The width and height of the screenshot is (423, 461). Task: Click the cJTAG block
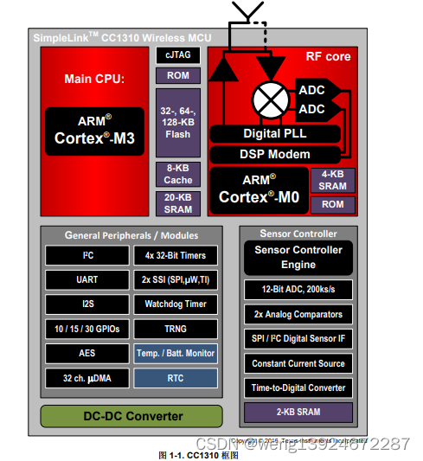tap(177, 54)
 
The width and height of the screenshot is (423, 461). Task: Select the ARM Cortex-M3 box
tap(95, 130)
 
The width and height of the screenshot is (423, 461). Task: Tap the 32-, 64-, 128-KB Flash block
tap(177, 122)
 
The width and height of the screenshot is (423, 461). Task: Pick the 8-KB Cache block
tap(177, 173)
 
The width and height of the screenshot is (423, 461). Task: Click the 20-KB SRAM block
tap(177, 203)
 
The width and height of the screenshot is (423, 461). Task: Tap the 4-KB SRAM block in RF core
tap(332, 180)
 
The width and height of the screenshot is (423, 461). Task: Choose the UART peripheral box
tap(87, 279)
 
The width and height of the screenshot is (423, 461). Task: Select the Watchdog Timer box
tap(176, 304)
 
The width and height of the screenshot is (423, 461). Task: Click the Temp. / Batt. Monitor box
tap(176, 353)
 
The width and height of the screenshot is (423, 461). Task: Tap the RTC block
tap(176, 378)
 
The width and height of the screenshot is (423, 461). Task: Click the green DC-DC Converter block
tap(131, 415)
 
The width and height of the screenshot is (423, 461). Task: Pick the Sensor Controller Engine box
tap(298, 257)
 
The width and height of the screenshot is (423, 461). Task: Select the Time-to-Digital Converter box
tap(298, 387)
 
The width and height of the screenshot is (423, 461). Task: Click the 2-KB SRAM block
tap(298, 412)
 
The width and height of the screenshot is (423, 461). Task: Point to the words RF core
tap(328, 57)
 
